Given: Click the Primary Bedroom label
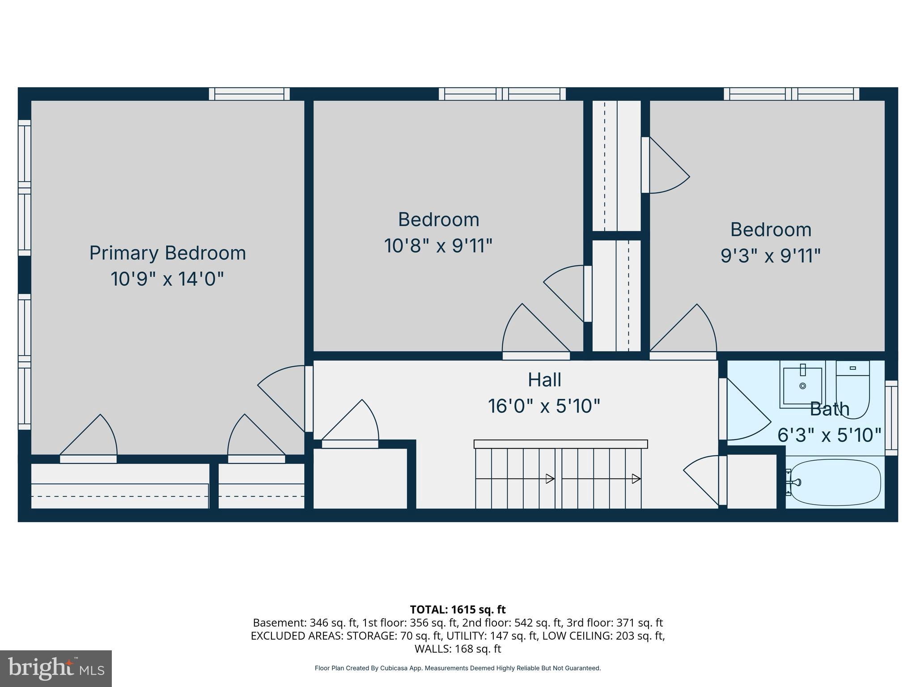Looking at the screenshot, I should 167,253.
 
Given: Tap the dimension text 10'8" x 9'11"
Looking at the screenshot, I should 438,246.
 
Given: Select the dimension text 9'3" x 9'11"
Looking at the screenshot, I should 770,256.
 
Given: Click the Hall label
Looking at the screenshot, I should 544,380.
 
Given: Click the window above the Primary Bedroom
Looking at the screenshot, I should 249,94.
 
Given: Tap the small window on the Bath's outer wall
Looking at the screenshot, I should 891,418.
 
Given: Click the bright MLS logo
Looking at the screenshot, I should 56,668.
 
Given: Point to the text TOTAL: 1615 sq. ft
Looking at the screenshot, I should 458,610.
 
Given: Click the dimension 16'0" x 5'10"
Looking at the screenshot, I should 543,406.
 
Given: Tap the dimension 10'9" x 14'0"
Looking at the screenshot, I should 167,279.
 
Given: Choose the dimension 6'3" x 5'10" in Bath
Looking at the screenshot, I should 829,435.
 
